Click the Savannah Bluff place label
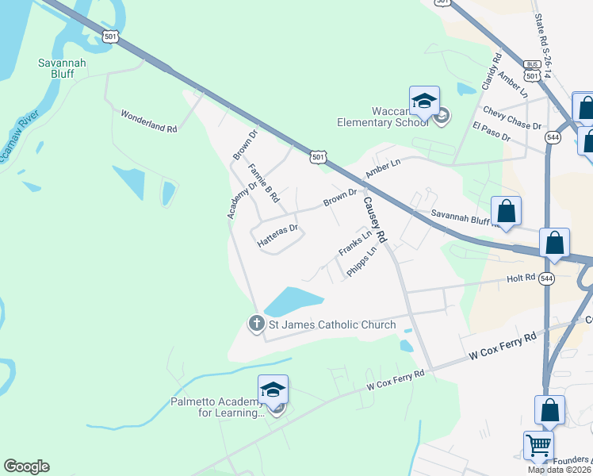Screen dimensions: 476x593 pyautogui.click(x=62, y=69)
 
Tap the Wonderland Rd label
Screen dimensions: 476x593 pyautogui.click(x=148, y=121)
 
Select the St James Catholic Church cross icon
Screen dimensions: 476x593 pyautogui.click(x=256, y=324)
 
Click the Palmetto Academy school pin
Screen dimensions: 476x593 pyautogui.click(x=273, y=390)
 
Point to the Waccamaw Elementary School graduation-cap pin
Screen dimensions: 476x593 pyautogui.click(x=424, y=102)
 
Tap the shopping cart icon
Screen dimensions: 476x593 pyautogui.click(x=538, y=445)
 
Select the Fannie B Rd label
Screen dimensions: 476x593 pyautogui.click(x=265, y=183)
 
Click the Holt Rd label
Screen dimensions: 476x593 pyautogui.click(x=522, y=279)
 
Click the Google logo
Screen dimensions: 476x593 pyautogui.click(x=26, y=466)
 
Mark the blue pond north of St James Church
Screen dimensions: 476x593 pyautogui.click(x=293, y=301)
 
